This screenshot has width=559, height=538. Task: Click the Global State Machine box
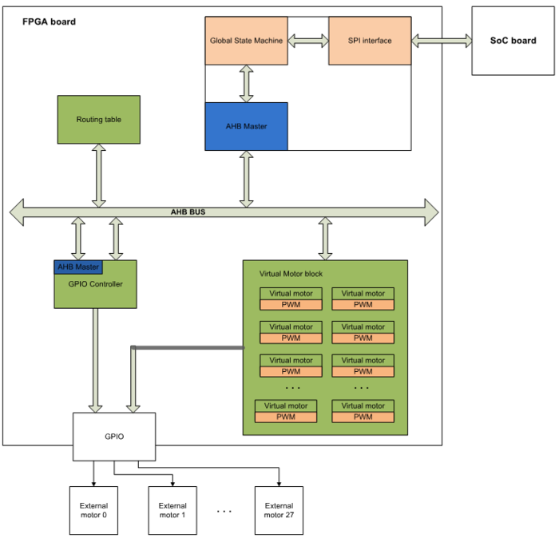(246, 41)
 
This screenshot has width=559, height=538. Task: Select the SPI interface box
(370, 41)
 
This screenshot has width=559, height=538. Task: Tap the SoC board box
(513, 41)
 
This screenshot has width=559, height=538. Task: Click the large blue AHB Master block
(246, 126)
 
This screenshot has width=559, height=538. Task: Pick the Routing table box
(99, 120)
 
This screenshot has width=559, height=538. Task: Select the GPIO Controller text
(95, 284)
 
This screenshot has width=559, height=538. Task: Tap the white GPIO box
(114, 437)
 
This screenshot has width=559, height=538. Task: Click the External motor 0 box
(93, 510)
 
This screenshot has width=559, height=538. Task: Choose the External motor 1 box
(172, 510)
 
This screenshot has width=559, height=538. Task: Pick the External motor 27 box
(279, 510)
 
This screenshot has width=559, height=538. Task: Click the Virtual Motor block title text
(291, 274)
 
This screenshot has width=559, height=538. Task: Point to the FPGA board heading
(49, 22)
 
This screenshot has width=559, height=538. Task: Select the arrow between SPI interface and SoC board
(442, 40)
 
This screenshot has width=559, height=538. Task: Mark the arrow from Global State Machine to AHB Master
(246, 84)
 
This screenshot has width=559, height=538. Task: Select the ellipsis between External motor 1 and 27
(224, 511)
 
